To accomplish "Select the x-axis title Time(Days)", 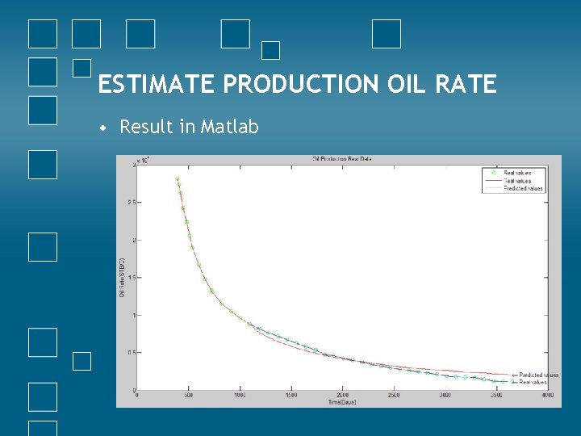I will point(342,401).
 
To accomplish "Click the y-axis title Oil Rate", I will point(123,278).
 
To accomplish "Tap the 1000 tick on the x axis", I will point(239,395).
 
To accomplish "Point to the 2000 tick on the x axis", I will point(342,395).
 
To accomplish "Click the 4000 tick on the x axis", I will point(547,395).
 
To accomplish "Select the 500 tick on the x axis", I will point(188,395).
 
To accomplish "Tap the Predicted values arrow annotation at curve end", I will point(535,375).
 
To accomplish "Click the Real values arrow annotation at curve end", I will point(530,382).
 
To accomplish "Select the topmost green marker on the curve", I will point(178,179).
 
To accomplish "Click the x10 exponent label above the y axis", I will point(142,161).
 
